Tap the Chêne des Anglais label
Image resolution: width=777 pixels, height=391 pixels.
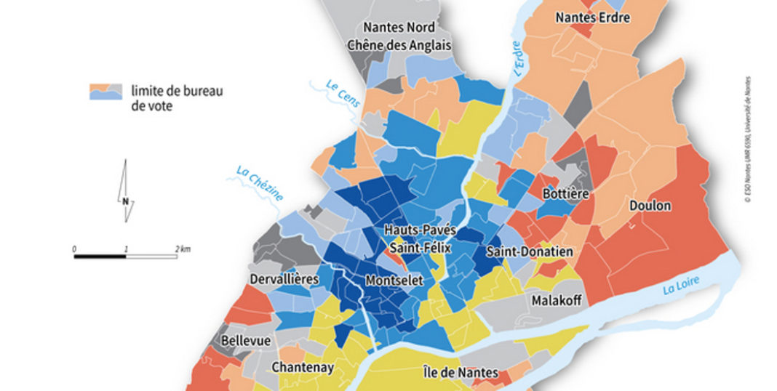(399, 44)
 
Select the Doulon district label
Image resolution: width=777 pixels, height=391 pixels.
(651, 206)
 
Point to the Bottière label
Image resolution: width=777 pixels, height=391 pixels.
(566, 194)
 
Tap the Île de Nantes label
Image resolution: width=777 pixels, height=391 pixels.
(461, 374)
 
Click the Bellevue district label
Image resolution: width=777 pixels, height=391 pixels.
(246, 340)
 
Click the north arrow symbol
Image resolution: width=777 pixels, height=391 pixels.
(126, 191)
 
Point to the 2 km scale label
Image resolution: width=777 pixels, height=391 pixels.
(183, 249)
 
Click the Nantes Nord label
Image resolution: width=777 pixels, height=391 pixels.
(399, 27)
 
